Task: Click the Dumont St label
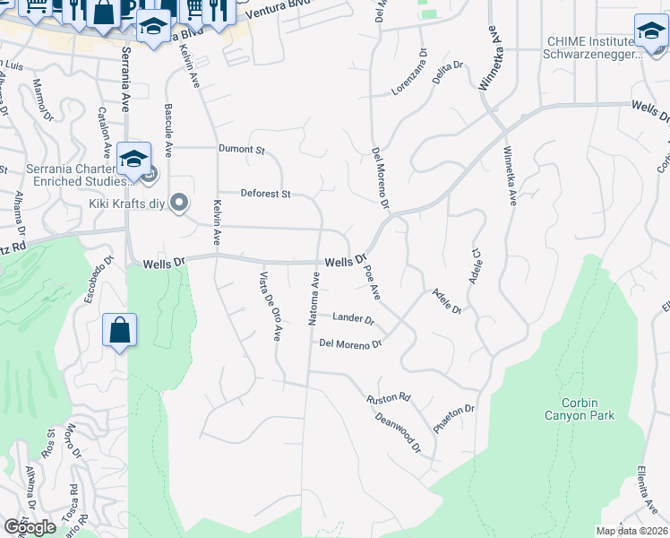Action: click(x=242, y=150)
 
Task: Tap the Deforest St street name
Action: click(x=266, y=194)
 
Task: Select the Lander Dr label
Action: click(x=353, y=318)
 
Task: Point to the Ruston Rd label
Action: click(x=389, y=397)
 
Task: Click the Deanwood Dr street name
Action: click(x=398, y=430)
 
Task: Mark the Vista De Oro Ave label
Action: click(x=271, y=305)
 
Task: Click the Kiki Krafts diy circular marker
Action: click(x=179, y=204)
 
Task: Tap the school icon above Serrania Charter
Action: click(x=133, y=160)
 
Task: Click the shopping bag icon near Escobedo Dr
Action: click(x=119, y=330)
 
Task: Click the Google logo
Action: click(x=30, y=527)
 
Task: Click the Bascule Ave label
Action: click(x=167, y=125)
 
